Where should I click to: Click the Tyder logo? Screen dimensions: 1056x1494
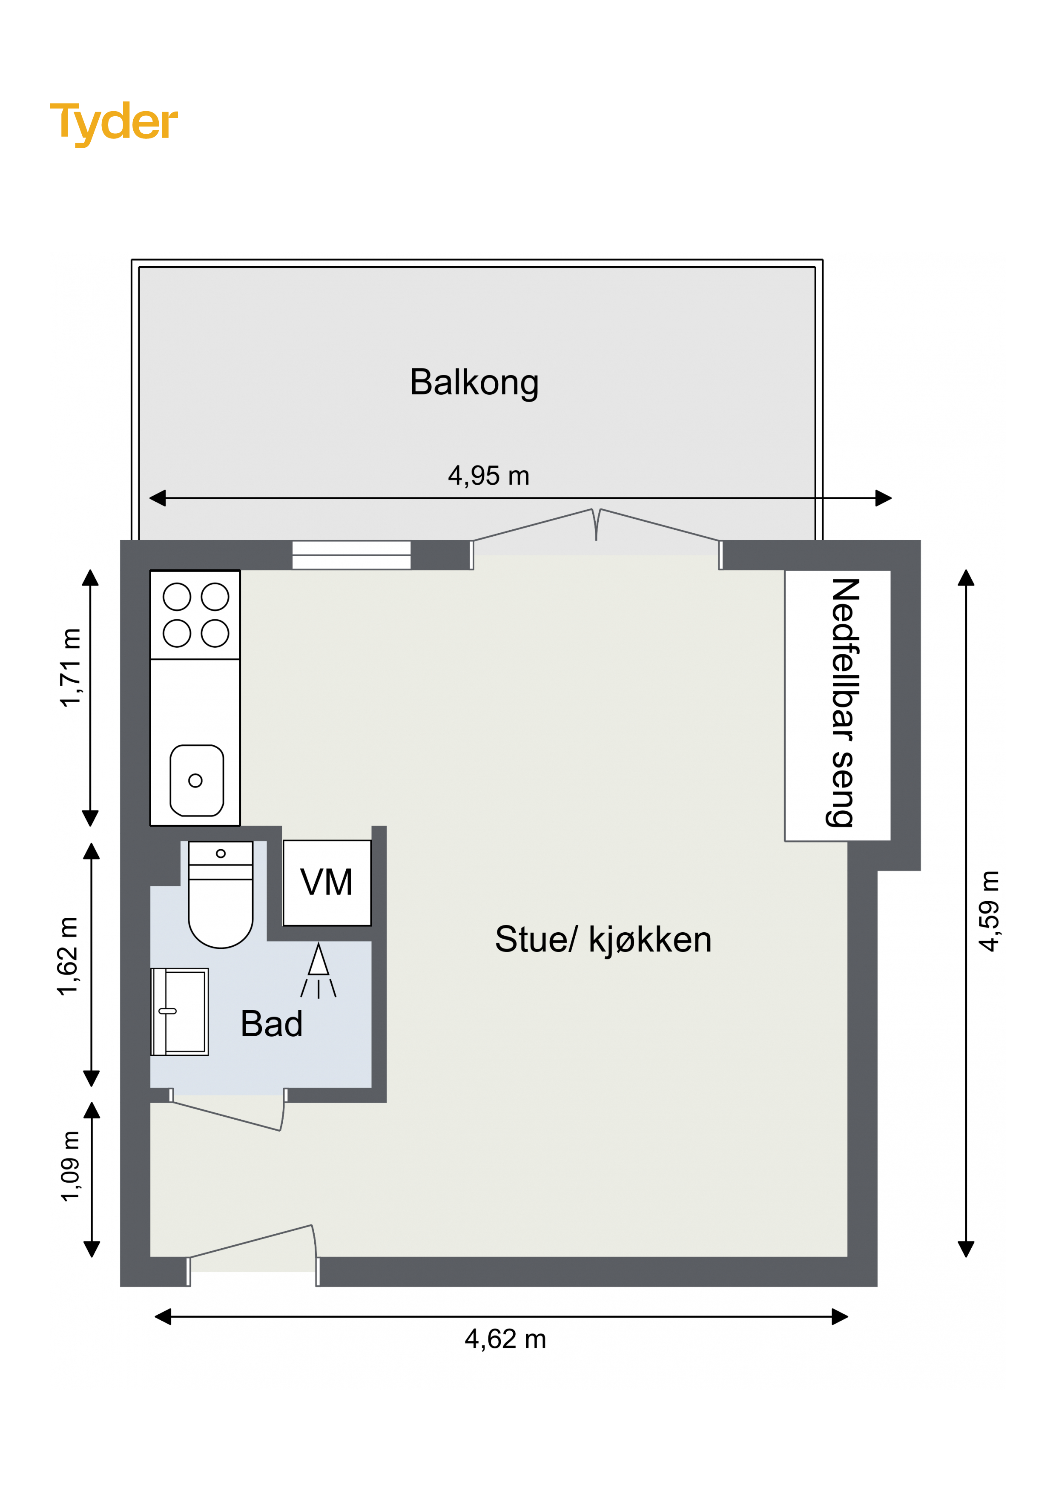[114, 123]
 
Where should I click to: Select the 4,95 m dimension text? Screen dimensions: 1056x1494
[489, 476]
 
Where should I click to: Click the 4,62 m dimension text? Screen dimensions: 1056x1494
[505, 1339]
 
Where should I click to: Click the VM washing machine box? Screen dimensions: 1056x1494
[327, 883]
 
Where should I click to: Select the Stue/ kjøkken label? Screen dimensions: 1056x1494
[603, 939]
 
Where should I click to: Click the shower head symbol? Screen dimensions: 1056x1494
[318, 970]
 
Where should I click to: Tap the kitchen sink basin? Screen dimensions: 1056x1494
[196, 780]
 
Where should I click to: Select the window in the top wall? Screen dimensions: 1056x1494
[351, 555]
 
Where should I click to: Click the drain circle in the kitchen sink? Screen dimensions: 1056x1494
[195, 780]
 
